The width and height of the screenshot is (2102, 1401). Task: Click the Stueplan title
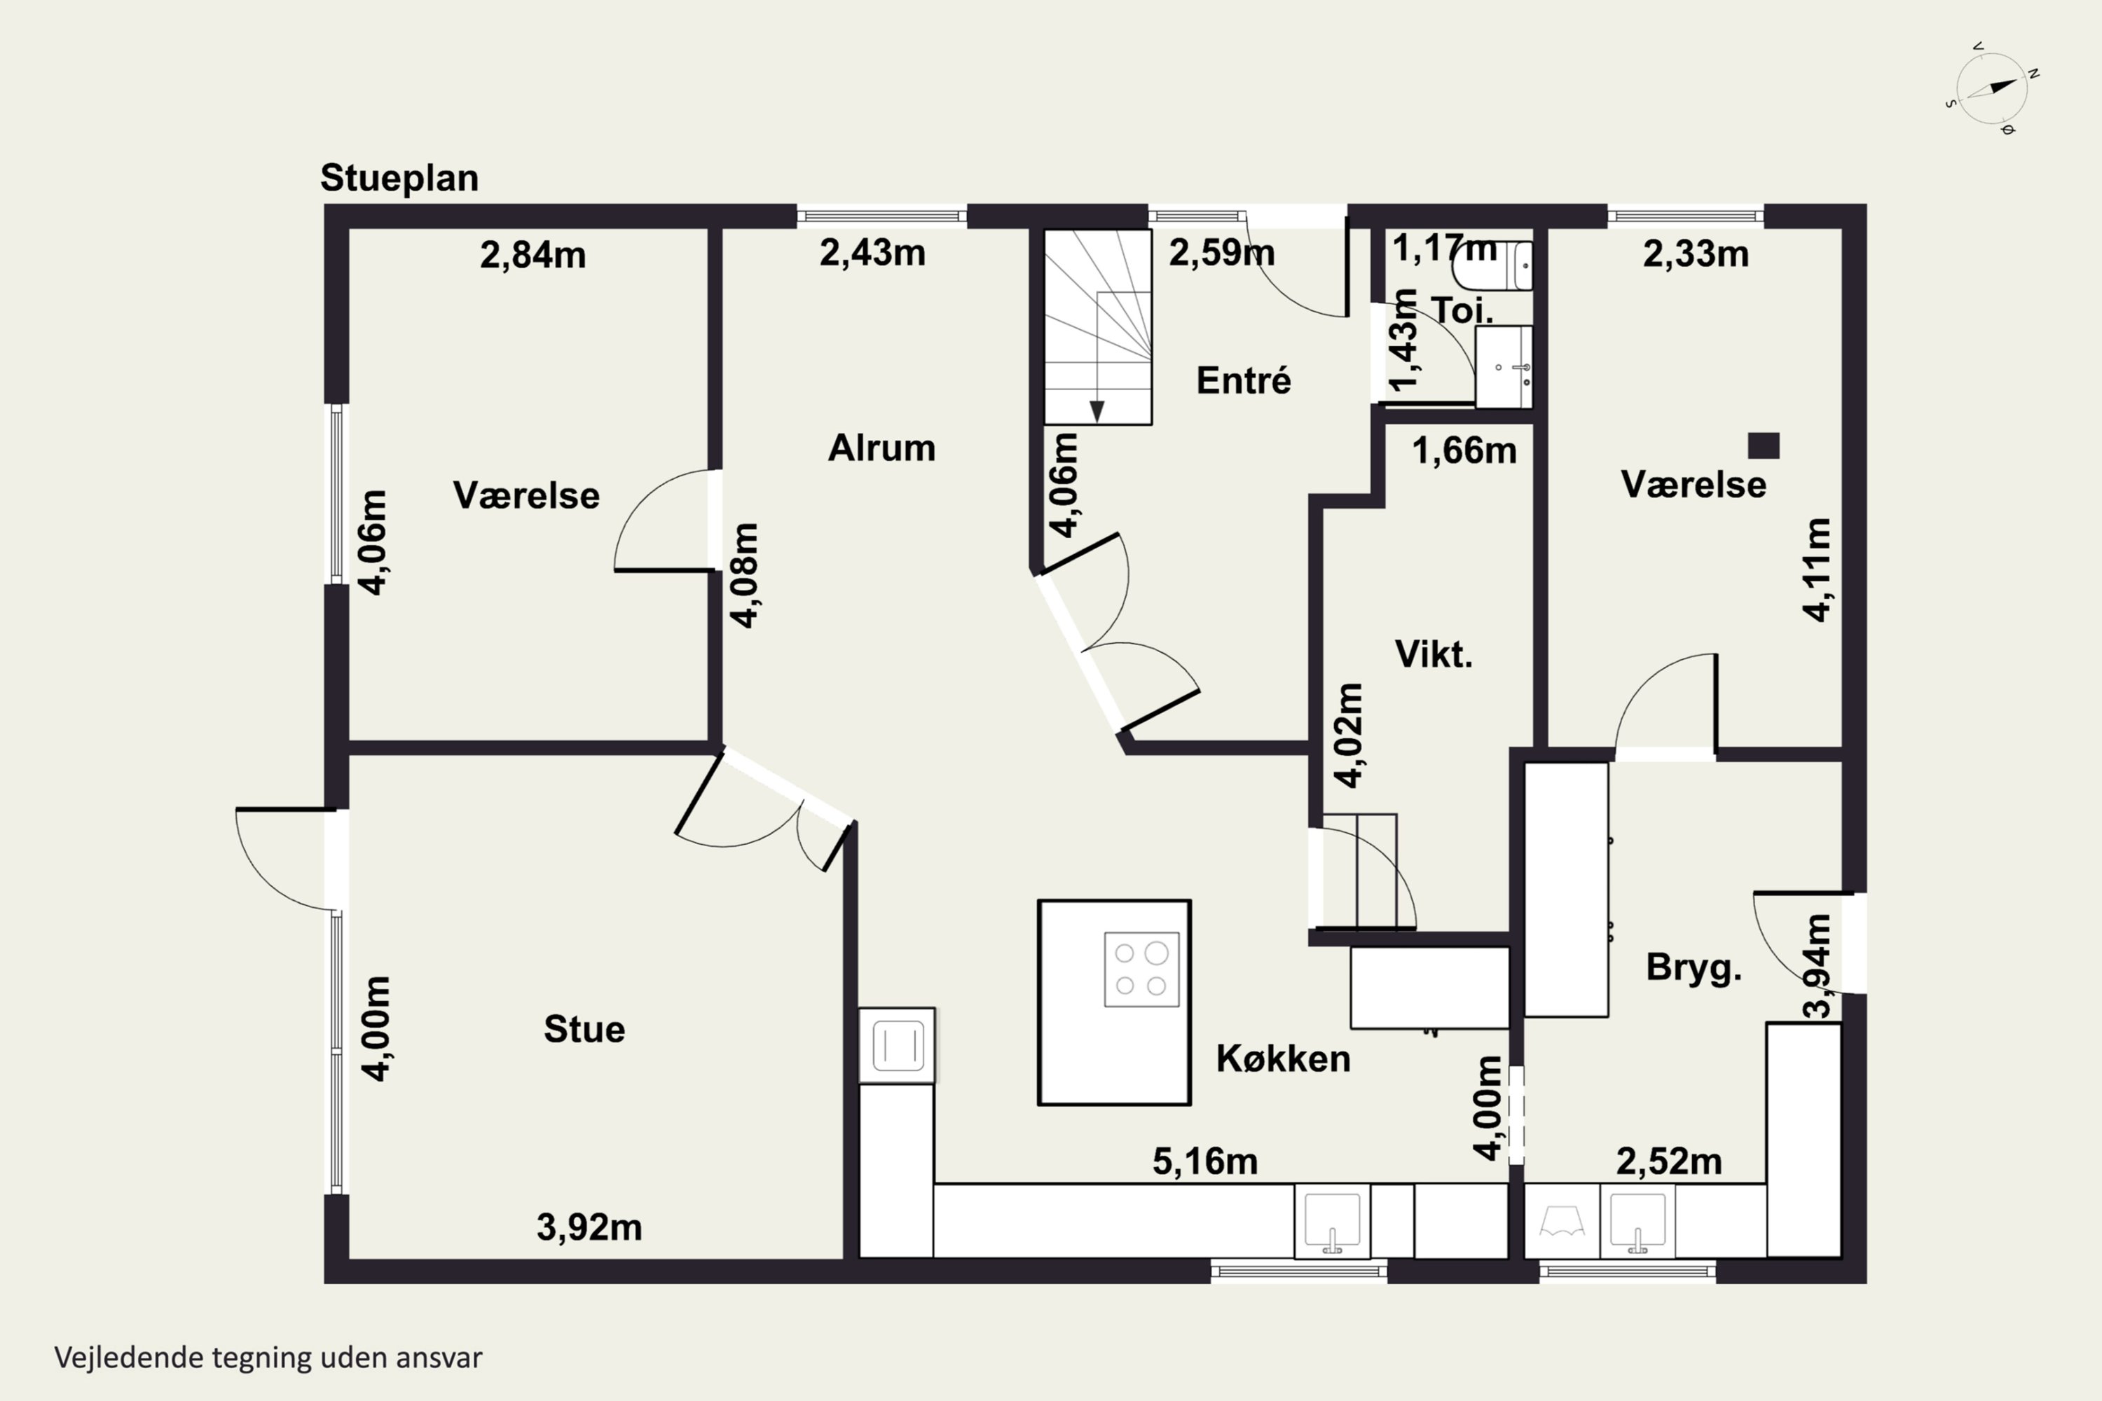point(399,179)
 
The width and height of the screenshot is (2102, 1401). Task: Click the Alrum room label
point(881,448)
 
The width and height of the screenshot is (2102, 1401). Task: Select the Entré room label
point(1243,380)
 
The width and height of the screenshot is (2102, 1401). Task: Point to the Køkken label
point(1282,1058)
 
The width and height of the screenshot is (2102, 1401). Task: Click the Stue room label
point(584,1029)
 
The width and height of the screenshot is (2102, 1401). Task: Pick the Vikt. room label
point(1434,655)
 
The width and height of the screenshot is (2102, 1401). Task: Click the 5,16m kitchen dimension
point(1204,1161)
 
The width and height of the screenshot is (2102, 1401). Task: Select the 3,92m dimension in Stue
point(589,1228)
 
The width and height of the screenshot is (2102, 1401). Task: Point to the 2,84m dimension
point(533,256)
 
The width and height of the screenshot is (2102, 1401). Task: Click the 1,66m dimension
point(1464,450)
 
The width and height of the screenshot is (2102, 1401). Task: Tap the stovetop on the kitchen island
point(1141,969)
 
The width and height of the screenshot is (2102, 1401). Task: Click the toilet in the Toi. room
point(1492,265)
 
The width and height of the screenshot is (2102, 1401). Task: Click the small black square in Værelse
point(1764,445)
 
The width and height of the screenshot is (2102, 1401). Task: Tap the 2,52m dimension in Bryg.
point(1668,1161)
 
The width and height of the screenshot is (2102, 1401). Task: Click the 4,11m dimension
point(1817,569)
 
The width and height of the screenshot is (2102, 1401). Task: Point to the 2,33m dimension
point(1696,255)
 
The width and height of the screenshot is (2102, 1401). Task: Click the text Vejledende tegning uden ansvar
point(268,1358)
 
